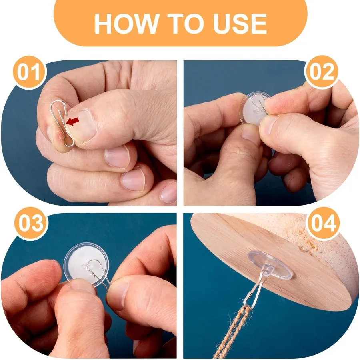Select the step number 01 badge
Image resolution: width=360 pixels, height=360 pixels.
29,72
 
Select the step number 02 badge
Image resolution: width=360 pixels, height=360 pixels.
322,72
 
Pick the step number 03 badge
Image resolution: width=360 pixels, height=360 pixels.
31,224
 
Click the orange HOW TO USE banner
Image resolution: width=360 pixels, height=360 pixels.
180,23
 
